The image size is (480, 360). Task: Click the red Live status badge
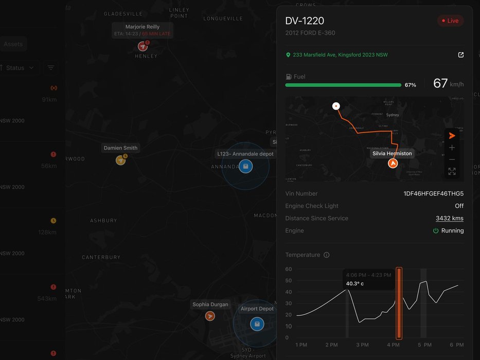[x=450, y=21]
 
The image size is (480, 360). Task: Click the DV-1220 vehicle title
[x=305, y=21]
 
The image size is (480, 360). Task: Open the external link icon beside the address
[x=461, y=55]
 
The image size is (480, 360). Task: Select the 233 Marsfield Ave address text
[x=340, y=55]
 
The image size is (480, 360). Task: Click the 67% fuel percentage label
[x=410, y=85]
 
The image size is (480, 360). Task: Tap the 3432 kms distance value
[x=450, y=218]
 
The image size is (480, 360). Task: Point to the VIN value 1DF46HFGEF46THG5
[x=434, y=194]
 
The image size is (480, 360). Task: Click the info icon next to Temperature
[x=327, y=255]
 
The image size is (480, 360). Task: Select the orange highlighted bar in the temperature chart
[x=399, y=303]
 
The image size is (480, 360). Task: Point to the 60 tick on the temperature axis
[x=289, y=269]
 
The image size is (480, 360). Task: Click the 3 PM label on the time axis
[x=362, y=345]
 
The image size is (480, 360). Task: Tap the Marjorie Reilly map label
[x=143, y=27]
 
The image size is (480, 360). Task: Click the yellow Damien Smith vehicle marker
[x=120, y=160]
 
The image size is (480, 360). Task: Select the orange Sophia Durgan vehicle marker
[x=210, y=316]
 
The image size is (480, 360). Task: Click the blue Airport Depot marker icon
[x=257, y=324]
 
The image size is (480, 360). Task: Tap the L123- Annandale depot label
[x=245, y=154]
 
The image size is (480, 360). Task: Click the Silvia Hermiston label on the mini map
[x=392, y=153]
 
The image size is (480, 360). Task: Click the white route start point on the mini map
[x=336, y=106]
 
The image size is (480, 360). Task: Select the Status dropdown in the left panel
[x=19, y=68]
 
